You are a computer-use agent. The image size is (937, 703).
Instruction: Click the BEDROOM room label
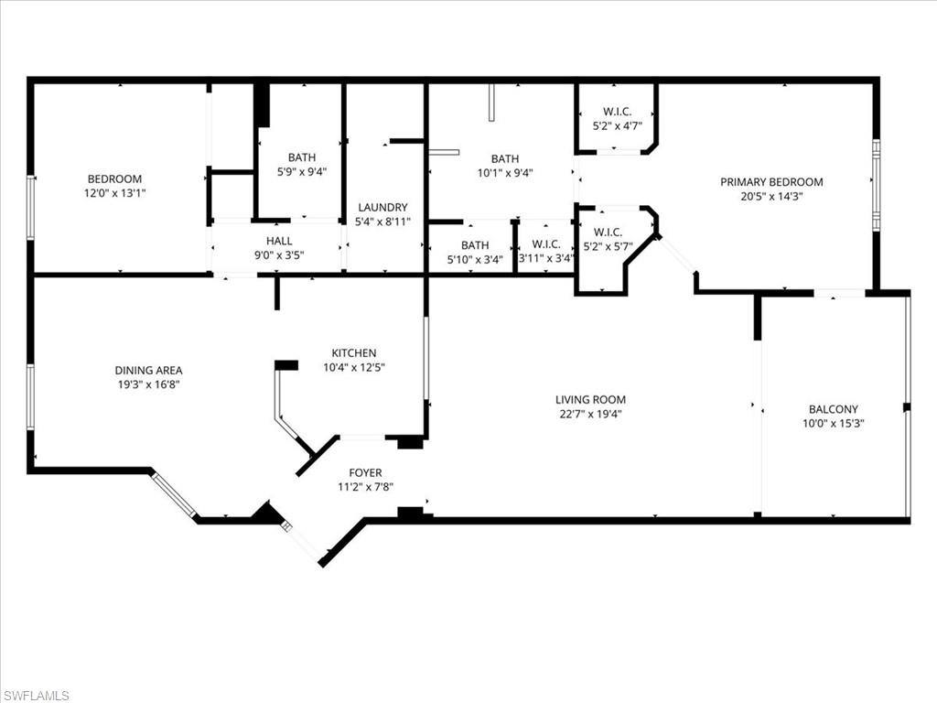pos(114,178)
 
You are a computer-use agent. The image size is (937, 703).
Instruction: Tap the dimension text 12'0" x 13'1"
pos(114,194)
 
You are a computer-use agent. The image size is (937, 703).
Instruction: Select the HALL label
pos(279,241)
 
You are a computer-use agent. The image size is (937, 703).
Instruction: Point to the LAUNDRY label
pos(382,207)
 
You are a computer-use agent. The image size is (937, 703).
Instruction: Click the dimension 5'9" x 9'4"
pos(301,172)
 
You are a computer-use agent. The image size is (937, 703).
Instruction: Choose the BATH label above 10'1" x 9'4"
pos(504,157)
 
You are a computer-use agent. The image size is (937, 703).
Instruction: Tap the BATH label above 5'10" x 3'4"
pos(475,244)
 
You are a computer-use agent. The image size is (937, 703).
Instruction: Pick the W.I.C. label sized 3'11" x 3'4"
pos(545,244)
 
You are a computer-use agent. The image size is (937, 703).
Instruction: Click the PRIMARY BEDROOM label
pos(771,182)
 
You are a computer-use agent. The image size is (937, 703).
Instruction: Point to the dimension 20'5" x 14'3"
pos(771,197)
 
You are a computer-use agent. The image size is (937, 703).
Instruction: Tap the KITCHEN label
pos(353,352)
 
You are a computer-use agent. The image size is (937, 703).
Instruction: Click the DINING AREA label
pos(148,370)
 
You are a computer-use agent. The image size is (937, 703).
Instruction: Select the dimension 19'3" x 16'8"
pos(148,385)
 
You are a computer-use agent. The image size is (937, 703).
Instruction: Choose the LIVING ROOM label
pos(590,399)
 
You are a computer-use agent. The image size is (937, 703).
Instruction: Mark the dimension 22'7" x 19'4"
pos(590,414)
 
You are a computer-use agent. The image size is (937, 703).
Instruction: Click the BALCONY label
pos(833,409)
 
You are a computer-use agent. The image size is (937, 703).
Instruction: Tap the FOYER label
pos(365,472)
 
